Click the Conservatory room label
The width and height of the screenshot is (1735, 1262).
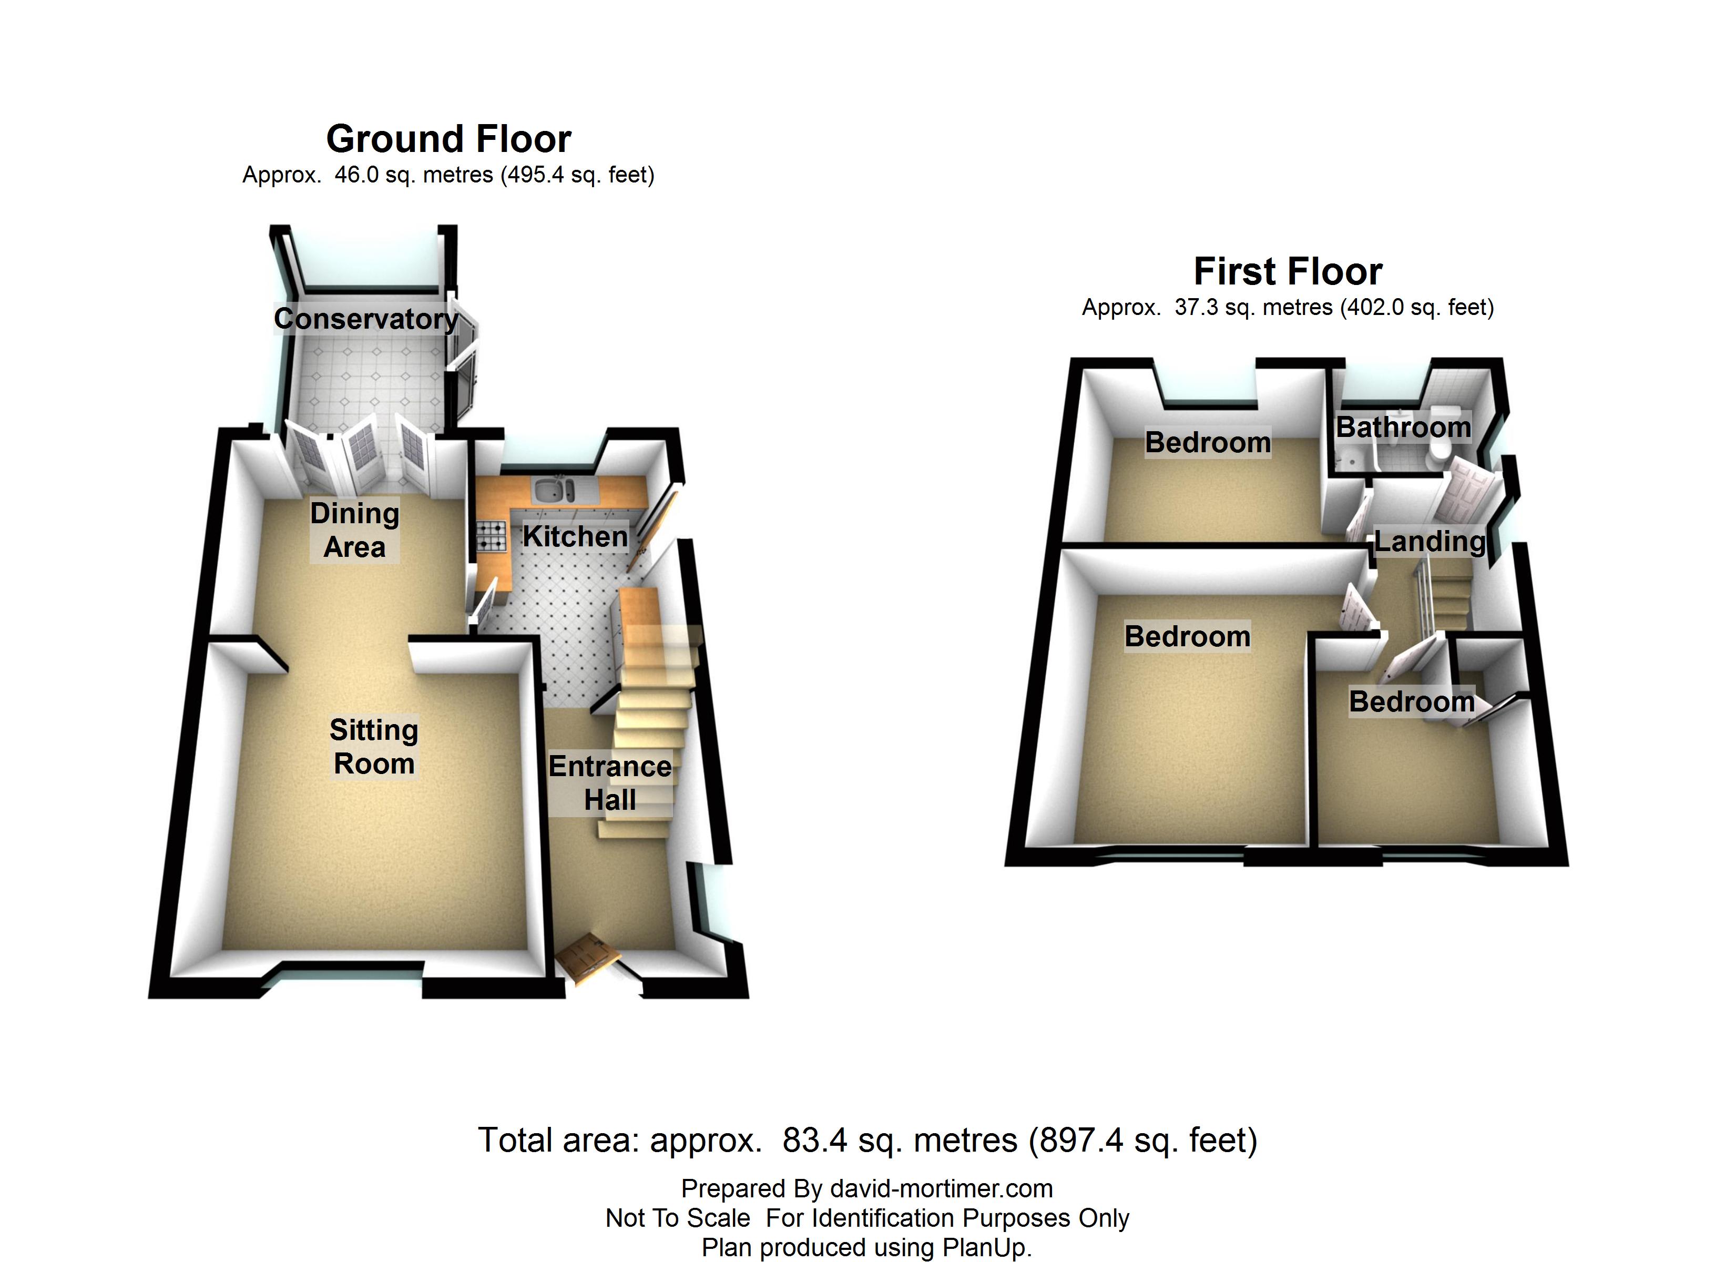pyautogui.click(x=366, y=318)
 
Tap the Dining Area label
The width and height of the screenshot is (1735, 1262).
pyautogui.click(x=354, y=530)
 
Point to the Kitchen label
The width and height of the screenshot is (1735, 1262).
pyautogui.click(x=575, y=536)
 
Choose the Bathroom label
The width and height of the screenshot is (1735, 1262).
pyautogui.click(x=1403, y=427)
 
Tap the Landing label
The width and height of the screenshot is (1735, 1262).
pyautogui.click(x=1430, y=541)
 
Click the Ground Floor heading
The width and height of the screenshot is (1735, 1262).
pyautogui.click(x=448, y=139)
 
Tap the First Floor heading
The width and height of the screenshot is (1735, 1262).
pyautogui.click(x=1288, y=272)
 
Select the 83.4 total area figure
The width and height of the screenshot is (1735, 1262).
pyautogui.click(x=815, y=1141)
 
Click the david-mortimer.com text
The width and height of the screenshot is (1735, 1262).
pyautogui.click(x=941, y=1188)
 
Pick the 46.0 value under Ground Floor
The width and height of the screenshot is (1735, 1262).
pyautogui.click(x=356, y=175)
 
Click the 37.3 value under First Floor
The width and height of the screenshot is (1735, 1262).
pyautogui.click(x=1197, y=308)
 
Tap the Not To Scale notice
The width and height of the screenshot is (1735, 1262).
pyautogui.click(x=678, y=1218)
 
